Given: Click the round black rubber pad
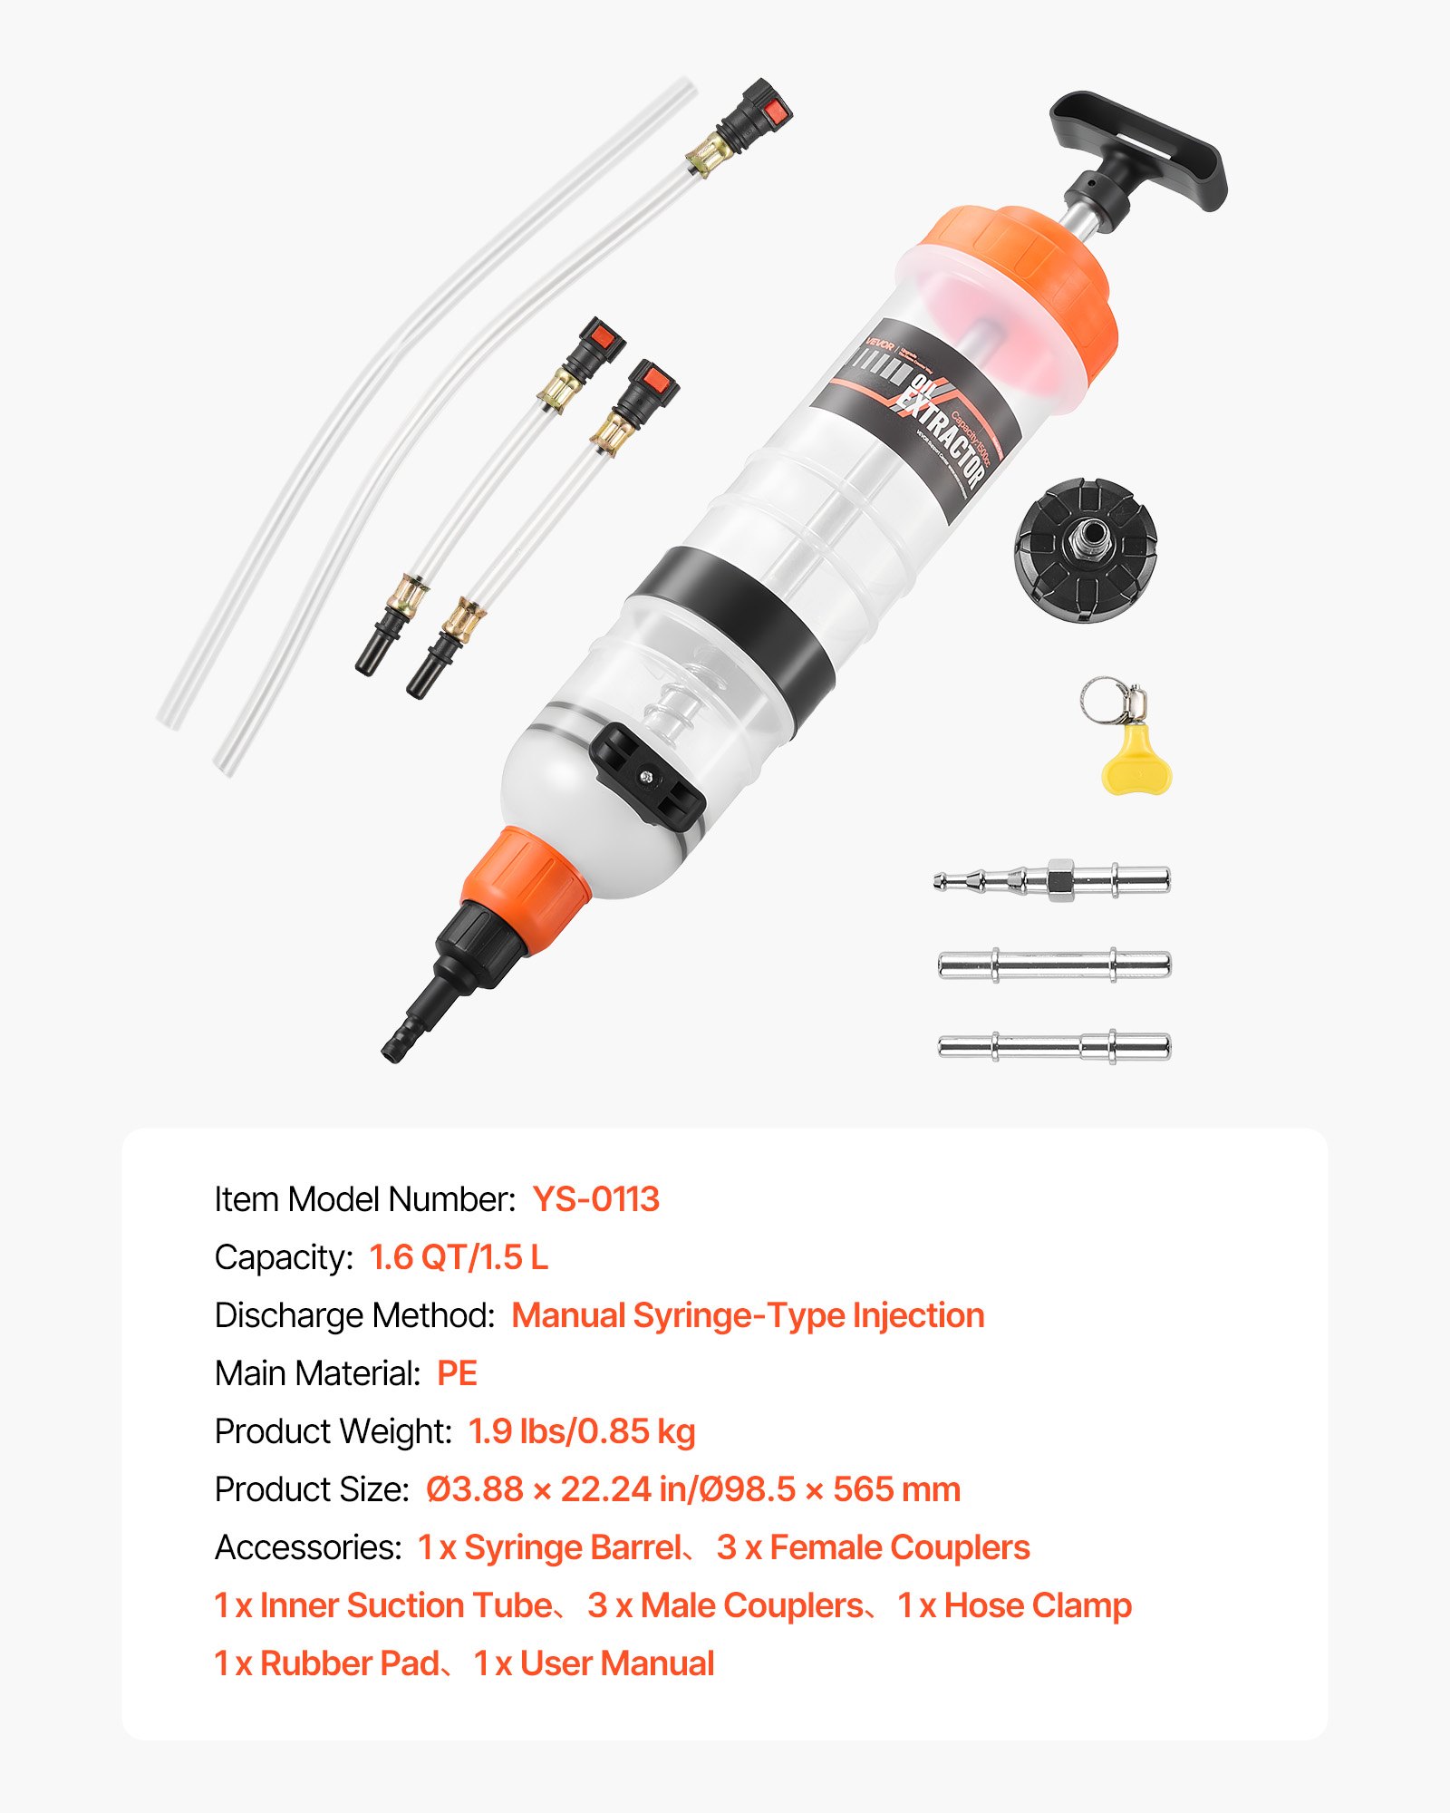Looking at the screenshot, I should tap(1086, 550).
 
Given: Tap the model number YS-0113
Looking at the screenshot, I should tap(595, 1199).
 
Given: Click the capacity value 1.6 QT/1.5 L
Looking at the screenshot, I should tap(459, 1257).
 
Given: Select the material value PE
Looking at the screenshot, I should tap(457, 1373).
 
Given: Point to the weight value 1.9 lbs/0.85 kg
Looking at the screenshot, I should tap(582, 1431).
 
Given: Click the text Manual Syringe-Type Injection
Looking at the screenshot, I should tap(748, 1315).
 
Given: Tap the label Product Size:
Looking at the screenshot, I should tap(312, 1489).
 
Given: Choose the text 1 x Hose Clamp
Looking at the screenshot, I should tap(1014, 1605).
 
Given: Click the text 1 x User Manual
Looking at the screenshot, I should tap(594, 1663).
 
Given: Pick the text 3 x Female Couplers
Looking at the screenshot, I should tap(873, 1547).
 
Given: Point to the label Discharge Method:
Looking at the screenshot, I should tap(354, 1315).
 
